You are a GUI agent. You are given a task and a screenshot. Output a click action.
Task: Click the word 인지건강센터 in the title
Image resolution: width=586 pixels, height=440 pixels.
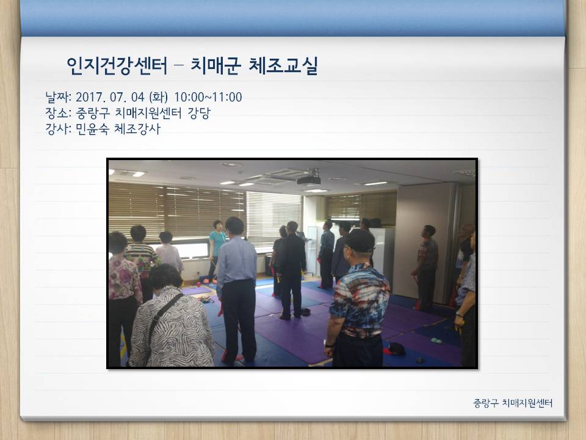(x=117, y=66)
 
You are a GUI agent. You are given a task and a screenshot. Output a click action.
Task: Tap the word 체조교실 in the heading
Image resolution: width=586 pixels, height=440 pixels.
(x=283, y=66)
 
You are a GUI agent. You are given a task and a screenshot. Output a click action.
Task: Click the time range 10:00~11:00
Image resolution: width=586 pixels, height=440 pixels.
(x=208, y=97)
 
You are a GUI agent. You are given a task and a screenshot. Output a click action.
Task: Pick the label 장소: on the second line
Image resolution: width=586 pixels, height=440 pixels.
(x=58, y=113)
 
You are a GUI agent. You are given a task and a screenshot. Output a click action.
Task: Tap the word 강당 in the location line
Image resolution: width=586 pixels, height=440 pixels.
(x=199, y=113)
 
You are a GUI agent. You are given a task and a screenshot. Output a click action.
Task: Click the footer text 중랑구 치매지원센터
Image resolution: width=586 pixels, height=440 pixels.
(x=513, y=403)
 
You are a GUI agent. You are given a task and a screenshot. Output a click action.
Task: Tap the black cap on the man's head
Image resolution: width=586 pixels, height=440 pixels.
(x=359, y=241)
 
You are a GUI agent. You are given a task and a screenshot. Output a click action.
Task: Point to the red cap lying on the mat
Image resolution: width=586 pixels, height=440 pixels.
(x=394, y=349)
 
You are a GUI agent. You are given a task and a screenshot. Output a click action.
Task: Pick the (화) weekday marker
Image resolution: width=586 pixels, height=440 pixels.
(x=158, y=97)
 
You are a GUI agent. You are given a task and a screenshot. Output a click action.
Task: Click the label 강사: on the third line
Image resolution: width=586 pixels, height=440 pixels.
(x=58, y=129)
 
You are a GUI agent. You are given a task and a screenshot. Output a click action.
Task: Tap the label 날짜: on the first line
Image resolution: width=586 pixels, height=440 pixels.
(x=58, y=97)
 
